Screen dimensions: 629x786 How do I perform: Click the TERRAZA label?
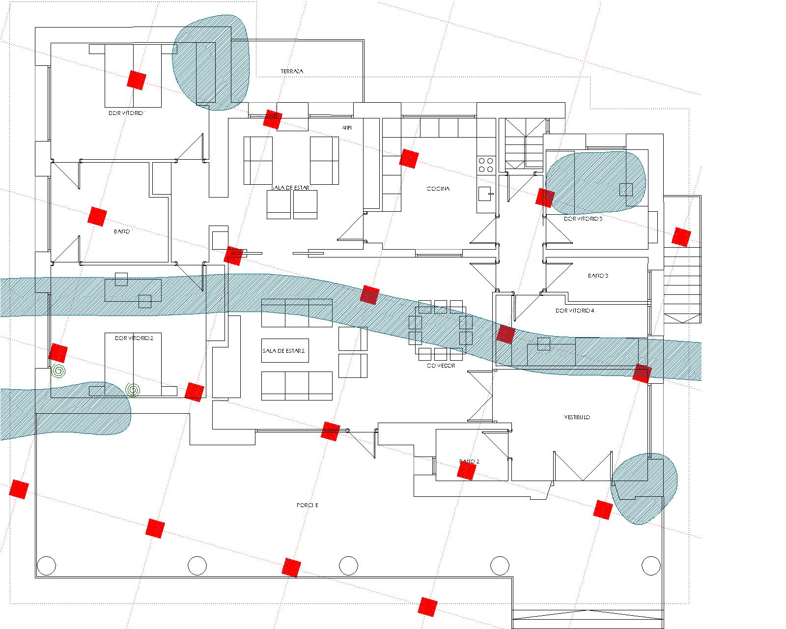(x=292, y=71)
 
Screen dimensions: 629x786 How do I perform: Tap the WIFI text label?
(x=347, y=128)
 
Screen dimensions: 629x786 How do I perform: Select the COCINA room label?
(x=438, y=189)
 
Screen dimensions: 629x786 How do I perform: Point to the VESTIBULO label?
(x=577, y=417)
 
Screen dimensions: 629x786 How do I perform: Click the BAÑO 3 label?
(x=598, y=276)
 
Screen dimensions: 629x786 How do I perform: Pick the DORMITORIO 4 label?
(x=575, y=311)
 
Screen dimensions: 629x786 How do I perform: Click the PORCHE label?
(x=308, y=505)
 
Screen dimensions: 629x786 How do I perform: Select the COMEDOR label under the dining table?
(x=441, y=366)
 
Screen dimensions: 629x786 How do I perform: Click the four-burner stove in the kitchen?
(x=486, y=165)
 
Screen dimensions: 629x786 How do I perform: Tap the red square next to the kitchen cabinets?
(x=408, y=158)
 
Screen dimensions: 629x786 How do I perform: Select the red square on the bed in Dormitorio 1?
(x=137, y=80)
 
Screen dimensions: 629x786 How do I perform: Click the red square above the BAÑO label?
(x=97, y=216)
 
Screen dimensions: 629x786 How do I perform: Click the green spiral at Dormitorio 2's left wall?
(x=58, y=371)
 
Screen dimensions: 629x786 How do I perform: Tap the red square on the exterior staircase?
(x=681, y=237)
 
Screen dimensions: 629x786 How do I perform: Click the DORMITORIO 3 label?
(x=583, y=219)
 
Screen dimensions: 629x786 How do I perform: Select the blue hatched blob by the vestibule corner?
(x=645, y=487)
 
